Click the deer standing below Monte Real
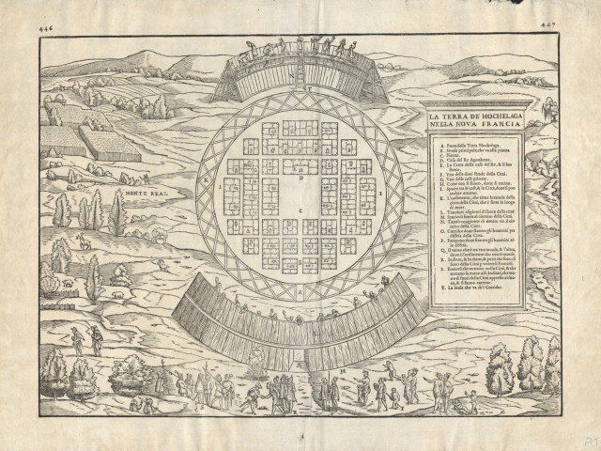point(84,241)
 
